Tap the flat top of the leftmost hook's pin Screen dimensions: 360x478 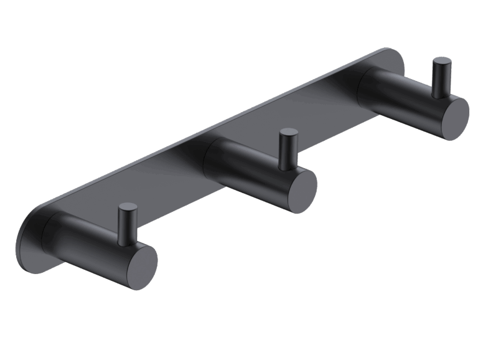(x=128, y=207)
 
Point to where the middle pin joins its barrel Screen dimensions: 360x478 (x=287, y=166)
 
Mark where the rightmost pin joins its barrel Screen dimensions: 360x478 (x=441, y=95)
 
